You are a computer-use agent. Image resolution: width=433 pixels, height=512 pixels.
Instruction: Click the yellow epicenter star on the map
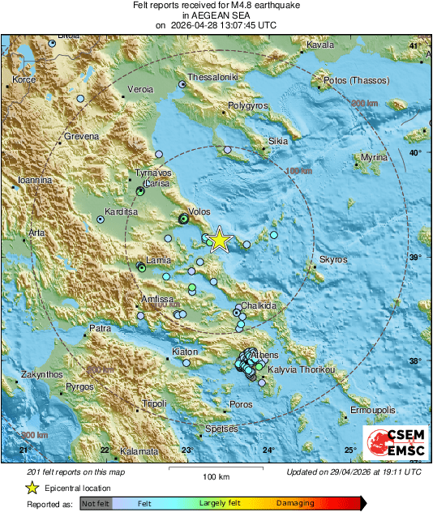coord(218,240)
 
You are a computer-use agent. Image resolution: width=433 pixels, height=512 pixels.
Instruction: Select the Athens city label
coord(265,355)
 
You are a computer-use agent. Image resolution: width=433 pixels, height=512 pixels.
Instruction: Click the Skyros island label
coord(333,259)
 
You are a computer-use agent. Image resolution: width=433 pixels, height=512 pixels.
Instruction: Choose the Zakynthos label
coord(38,375)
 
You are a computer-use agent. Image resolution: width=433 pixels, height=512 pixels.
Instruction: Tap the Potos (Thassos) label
coord(357,81)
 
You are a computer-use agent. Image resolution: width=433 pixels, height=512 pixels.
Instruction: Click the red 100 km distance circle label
coord(299,172)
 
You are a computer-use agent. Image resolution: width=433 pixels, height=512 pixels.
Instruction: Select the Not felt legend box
coord(96,503)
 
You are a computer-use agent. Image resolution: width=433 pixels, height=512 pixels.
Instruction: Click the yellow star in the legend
coord(32,488)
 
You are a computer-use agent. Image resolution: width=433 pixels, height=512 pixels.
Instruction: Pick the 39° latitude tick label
coord(416,258)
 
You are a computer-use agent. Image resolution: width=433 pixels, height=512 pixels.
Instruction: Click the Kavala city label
coord(320,45)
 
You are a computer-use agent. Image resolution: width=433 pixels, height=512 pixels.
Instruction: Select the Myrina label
coord(375,157)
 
